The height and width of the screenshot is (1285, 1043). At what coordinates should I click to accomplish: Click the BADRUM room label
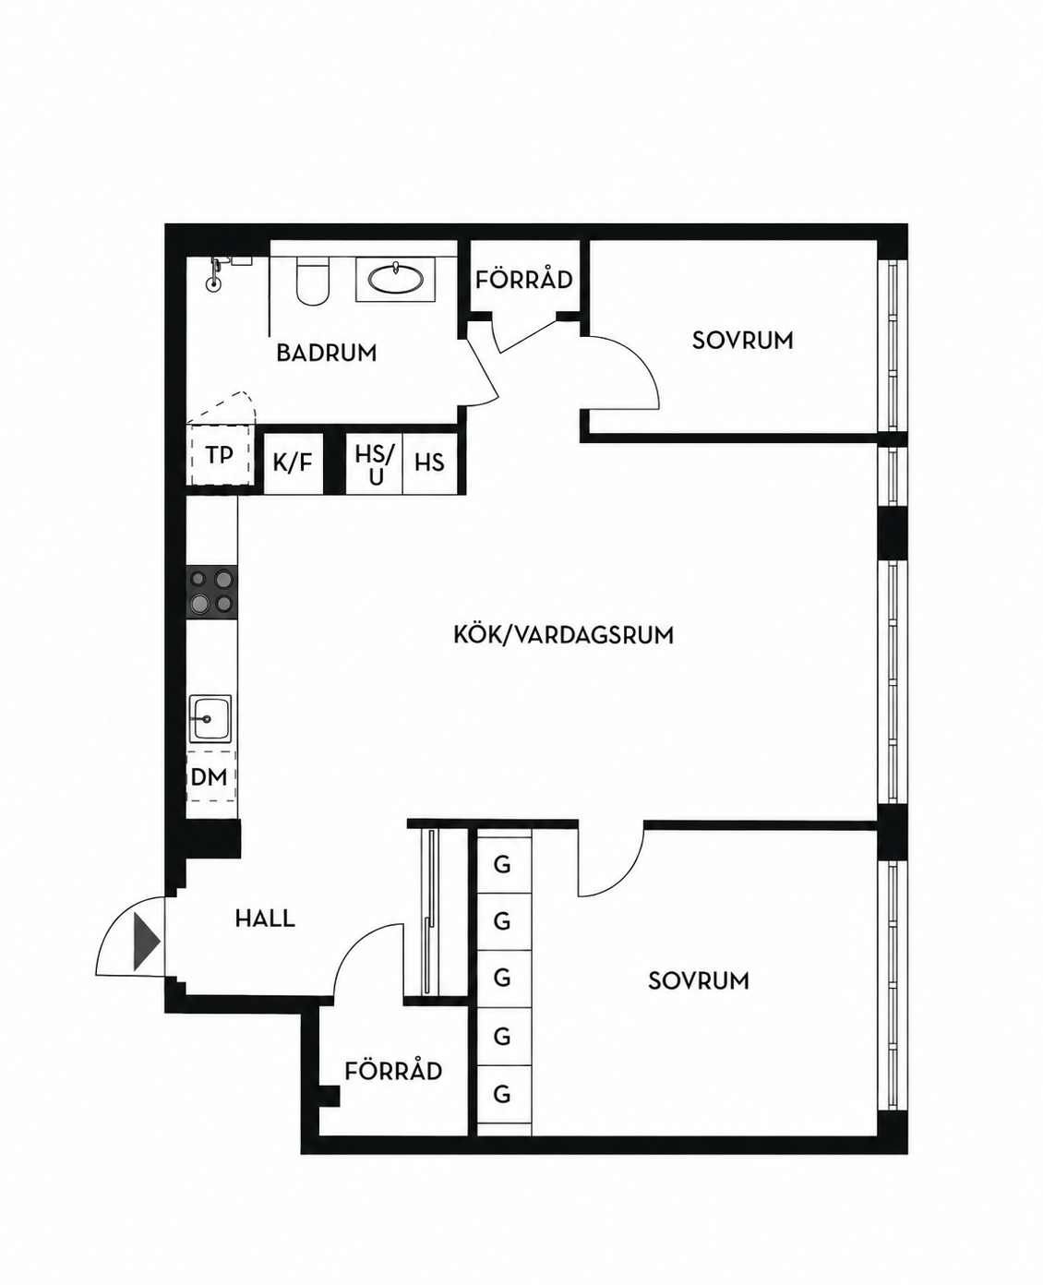point(327,353)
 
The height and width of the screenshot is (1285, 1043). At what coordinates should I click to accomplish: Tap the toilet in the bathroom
point(313,282)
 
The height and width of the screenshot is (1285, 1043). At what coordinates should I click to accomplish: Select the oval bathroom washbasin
point(395,280)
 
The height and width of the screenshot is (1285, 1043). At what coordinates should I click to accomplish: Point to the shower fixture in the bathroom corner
point(215,273)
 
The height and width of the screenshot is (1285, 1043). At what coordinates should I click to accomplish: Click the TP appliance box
point(219,455)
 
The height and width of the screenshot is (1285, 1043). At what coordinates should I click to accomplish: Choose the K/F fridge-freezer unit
point(294,463)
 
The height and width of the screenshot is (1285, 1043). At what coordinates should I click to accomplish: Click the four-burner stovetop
point(211,592)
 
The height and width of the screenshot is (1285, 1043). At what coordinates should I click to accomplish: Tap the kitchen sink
point(210,718)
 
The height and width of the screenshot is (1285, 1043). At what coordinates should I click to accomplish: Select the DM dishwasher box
point(210,777)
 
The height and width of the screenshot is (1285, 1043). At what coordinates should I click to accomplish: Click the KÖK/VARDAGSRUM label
point(563,635)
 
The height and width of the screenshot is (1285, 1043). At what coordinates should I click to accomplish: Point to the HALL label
point(265,919)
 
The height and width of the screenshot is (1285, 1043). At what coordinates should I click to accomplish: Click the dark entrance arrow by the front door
point(146,942)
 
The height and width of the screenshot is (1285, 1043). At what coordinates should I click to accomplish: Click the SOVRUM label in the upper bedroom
point(743,341)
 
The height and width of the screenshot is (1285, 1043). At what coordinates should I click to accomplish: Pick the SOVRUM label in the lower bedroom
point(699,981)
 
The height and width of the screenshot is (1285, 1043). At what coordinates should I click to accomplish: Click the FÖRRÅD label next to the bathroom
point(523,280)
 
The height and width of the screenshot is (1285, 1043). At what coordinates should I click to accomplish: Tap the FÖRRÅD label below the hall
point(393,1071)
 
